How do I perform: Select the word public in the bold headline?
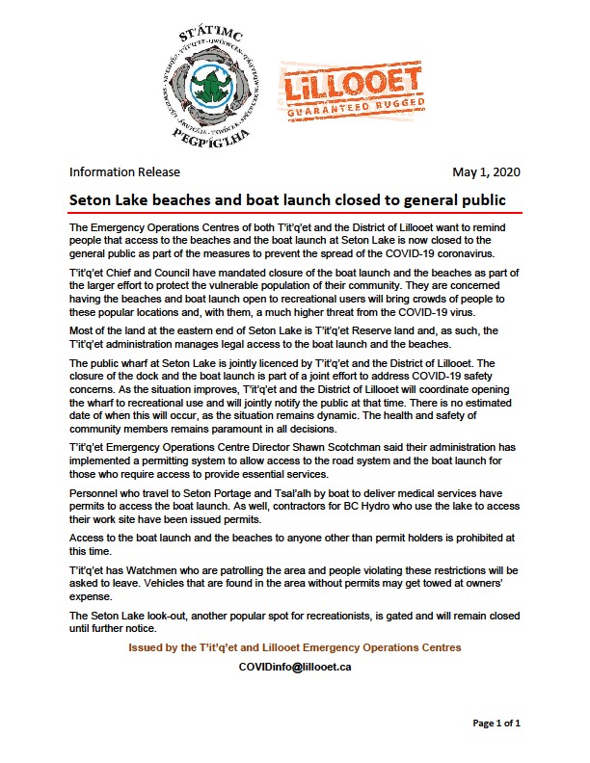pos(483,199)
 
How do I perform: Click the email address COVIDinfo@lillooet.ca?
pos(294,667)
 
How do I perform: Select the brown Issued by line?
pos(294,647)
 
